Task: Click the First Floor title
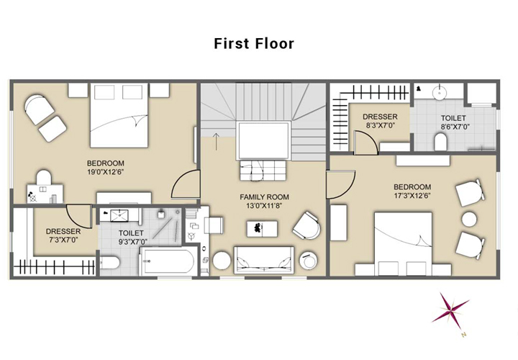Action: [254, 44]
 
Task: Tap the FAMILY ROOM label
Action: [264, 197]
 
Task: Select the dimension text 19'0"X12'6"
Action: [105, 172]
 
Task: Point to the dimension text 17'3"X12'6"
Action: [412, 195]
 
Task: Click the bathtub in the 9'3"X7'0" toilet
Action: [168, 261]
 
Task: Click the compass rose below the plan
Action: [450, 311]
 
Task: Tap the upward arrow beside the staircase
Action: [216, 141]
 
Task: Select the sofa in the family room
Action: [263, 260]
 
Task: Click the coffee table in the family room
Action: [263, 229]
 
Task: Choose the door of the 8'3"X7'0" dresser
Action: [365, 143]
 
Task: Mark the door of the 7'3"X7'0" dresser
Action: [79, 216]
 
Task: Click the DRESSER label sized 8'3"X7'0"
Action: [380, 117]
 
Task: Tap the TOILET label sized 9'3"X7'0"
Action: [131, 233]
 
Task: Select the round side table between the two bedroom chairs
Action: [469, 219]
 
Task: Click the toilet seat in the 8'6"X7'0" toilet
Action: [440, 142]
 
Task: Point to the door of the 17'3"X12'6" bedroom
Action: [341, 184]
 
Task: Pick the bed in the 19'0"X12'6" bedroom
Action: [119, 115]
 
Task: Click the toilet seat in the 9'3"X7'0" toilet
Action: [109, 264]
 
